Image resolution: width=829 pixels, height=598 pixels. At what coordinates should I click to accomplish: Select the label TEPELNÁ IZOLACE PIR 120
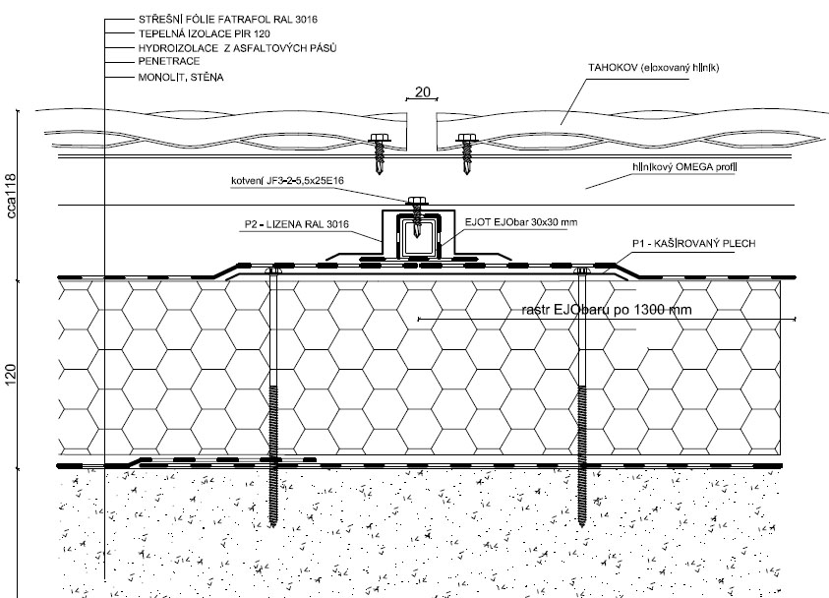189,32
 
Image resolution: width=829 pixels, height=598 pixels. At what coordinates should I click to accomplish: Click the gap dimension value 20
422,92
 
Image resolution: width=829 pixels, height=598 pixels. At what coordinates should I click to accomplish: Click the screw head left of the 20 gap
377,137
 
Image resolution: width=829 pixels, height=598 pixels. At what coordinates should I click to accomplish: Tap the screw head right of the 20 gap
465,137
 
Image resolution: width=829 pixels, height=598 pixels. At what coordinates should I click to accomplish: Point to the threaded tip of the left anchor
274,502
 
